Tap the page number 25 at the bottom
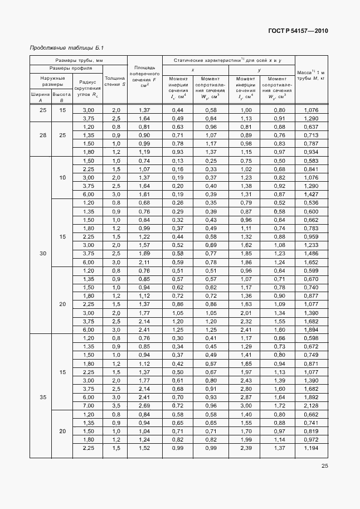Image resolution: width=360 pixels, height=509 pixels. (x=324, y=467)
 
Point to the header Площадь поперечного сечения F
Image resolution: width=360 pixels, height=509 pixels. (x=144, y=77)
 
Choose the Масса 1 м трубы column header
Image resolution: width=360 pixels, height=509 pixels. (x=311, y=76)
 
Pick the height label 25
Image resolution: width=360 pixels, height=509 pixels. (x=62, y=135)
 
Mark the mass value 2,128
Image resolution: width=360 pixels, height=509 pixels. (x=312, y=405)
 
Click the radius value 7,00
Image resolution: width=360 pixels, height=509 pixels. (x=88, y=405)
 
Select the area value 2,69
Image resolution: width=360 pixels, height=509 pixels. (x=144, y=405)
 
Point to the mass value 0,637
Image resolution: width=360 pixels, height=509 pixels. (x=312, y=127)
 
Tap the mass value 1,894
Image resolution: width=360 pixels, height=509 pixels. (x=312, y=329)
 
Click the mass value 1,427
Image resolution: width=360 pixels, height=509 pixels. (x=312, y=194)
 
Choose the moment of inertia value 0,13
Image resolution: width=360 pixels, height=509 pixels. (x=178, y=161)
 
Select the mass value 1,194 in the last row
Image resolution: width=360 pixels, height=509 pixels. (x=312, y=448)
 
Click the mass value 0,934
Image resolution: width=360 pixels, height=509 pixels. (x=312, y=152)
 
